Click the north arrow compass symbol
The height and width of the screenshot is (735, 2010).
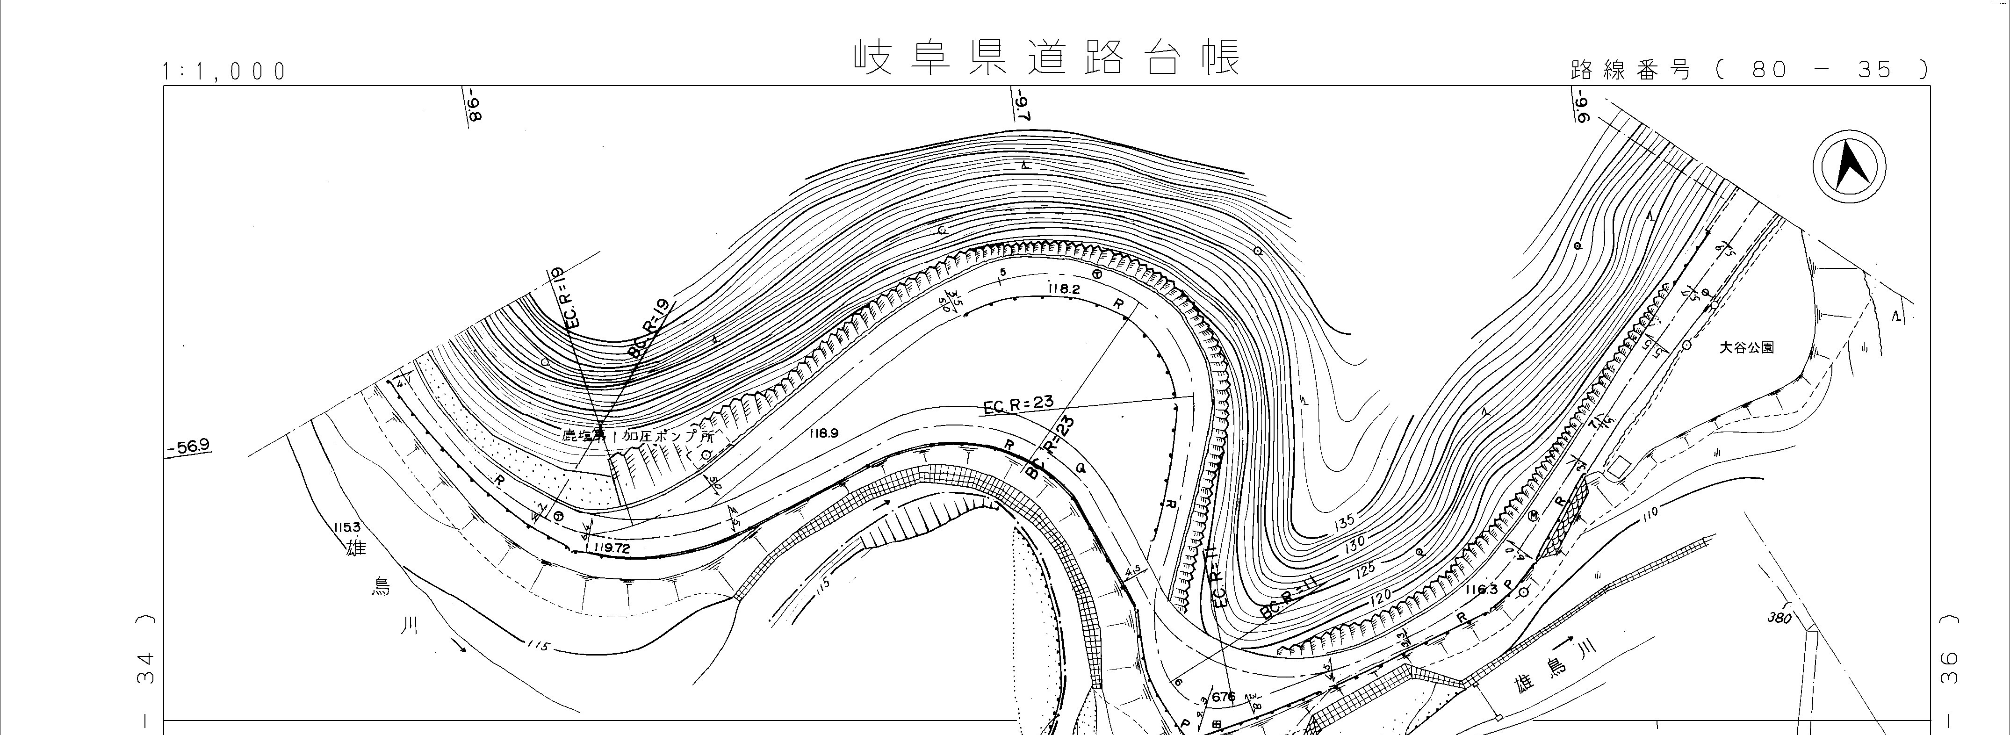coord(1849,168)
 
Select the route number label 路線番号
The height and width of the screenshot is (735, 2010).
coord(1631,70)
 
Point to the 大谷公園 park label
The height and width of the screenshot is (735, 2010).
coord(1746,347)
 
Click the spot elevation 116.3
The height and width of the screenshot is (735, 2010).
coord(1481,590)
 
